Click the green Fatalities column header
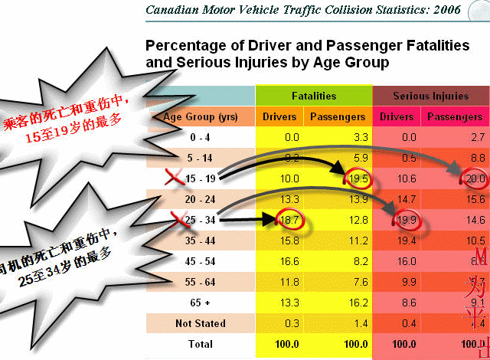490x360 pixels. [314, 97]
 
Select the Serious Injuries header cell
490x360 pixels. [430, 97]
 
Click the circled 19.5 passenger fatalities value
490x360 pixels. [359, 180]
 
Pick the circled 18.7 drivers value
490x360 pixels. [287, 220]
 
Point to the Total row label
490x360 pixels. [201, 344]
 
